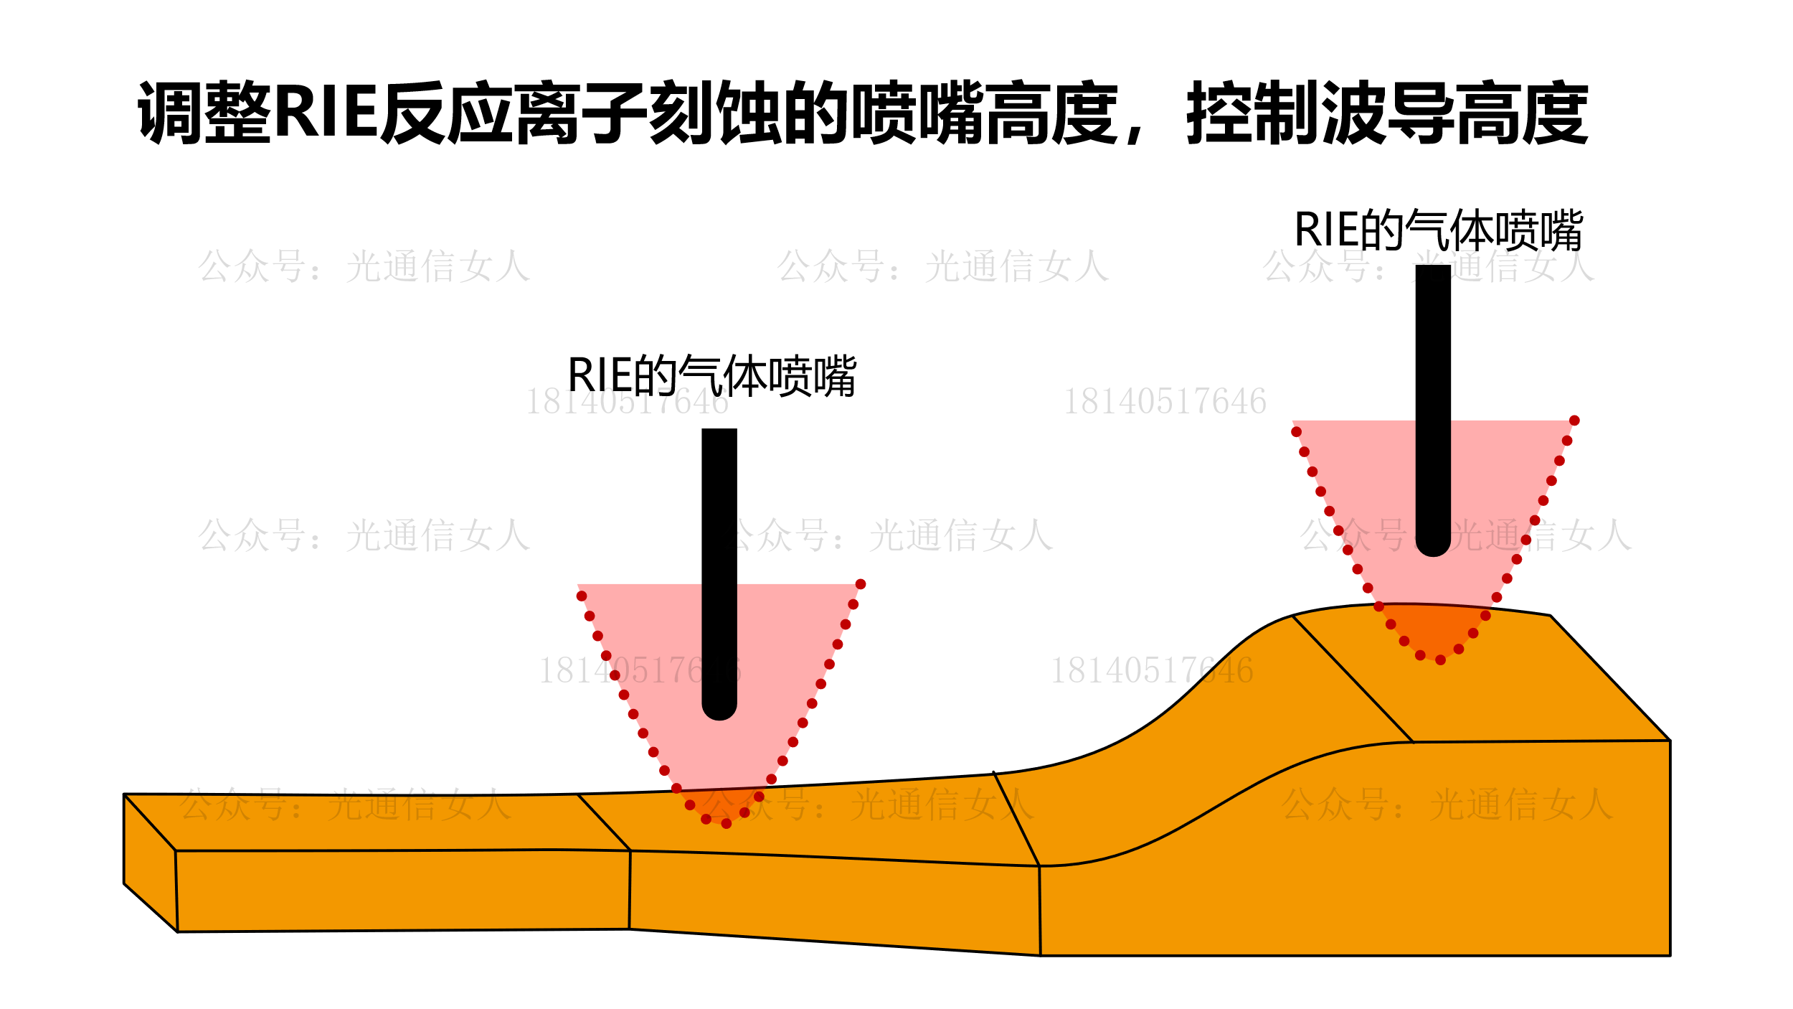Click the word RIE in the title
(326, 113)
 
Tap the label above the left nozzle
(711, 376)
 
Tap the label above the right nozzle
(1438, 231)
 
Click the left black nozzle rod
(719, 545)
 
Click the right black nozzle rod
(1433, 388)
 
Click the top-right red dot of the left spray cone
(861, 584)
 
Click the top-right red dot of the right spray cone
(1574, 421)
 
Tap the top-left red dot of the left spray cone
(582, 596)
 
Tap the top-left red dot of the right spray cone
(1296, 432)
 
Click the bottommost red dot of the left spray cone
(727, 824)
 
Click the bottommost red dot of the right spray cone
(1440, 660)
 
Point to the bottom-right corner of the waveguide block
(1670, 955)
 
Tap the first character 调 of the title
(169, 113)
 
